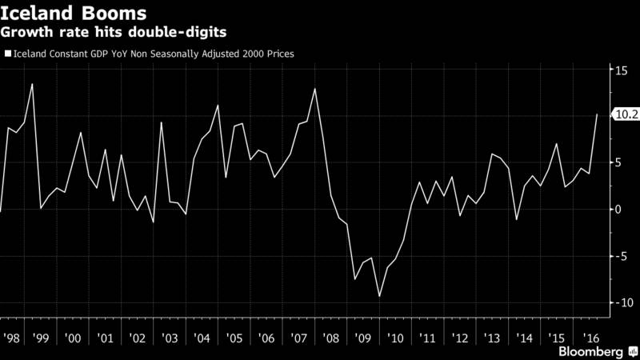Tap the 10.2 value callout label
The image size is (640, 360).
pos(624,115)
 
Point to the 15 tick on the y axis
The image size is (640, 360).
pos(619,70)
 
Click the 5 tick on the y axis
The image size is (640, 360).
pos(616,163)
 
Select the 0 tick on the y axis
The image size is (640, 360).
pos(616,210)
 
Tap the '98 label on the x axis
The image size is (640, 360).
pos(14,338)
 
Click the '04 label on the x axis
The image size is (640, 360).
pos(202,338)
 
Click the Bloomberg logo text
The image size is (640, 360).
pos(593,351)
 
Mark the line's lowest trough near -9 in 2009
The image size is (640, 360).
pos(379,296)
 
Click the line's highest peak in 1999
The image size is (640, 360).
pos(32,84)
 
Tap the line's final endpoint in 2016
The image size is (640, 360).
pos(597,114)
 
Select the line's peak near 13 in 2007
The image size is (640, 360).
pos(314,89)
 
